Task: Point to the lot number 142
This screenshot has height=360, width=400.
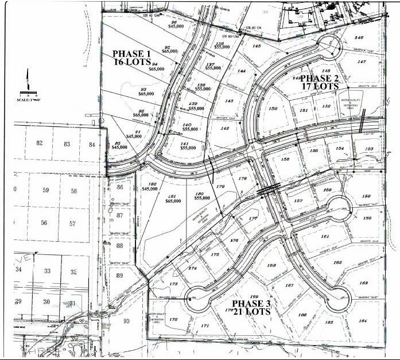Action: pyautogui.click(x=225, y=129)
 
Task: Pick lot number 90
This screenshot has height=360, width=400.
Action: pyautogui.click(x=127, y=320)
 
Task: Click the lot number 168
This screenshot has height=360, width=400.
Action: pyautogui.click(x=272, y=265)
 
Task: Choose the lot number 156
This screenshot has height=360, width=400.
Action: pyautogui.click(x=285, y=160)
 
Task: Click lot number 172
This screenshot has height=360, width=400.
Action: pyautogui.click(x=173, y=319)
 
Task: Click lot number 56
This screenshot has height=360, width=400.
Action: pyautogui.click(x=44, y=223)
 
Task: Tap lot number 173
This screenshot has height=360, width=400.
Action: pyautogui.click(x=174, y=284)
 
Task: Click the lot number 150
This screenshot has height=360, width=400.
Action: pyautogui.click(x=273, y=109)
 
